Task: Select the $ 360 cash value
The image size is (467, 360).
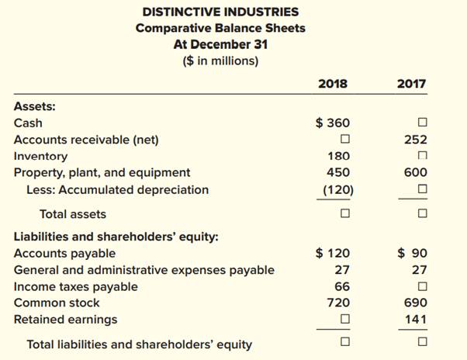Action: coord(333,123)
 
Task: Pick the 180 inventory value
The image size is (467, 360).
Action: coord(337,156)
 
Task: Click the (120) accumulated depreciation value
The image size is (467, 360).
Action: coord(338,189)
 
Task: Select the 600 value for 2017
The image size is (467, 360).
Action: coord(415,172)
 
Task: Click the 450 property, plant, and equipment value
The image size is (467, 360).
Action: coord(337,172)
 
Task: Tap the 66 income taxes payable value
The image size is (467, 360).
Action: coord(341,286)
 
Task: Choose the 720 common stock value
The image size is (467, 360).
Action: coord(338,303)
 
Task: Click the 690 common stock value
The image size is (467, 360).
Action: coord(415,303)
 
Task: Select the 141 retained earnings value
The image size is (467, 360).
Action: coord(415,320)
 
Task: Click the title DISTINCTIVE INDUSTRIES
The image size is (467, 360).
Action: coord(221,12)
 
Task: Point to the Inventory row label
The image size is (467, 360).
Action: coord(40,156)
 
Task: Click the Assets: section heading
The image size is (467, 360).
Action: coord(34,106)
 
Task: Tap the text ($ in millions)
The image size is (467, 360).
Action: coord(221,61)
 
